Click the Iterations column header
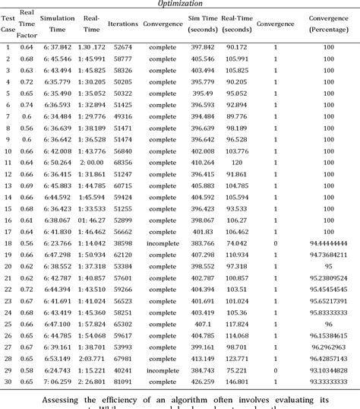(122, 24)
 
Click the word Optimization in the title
(179, 4)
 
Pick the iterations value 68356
(122, 162)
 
